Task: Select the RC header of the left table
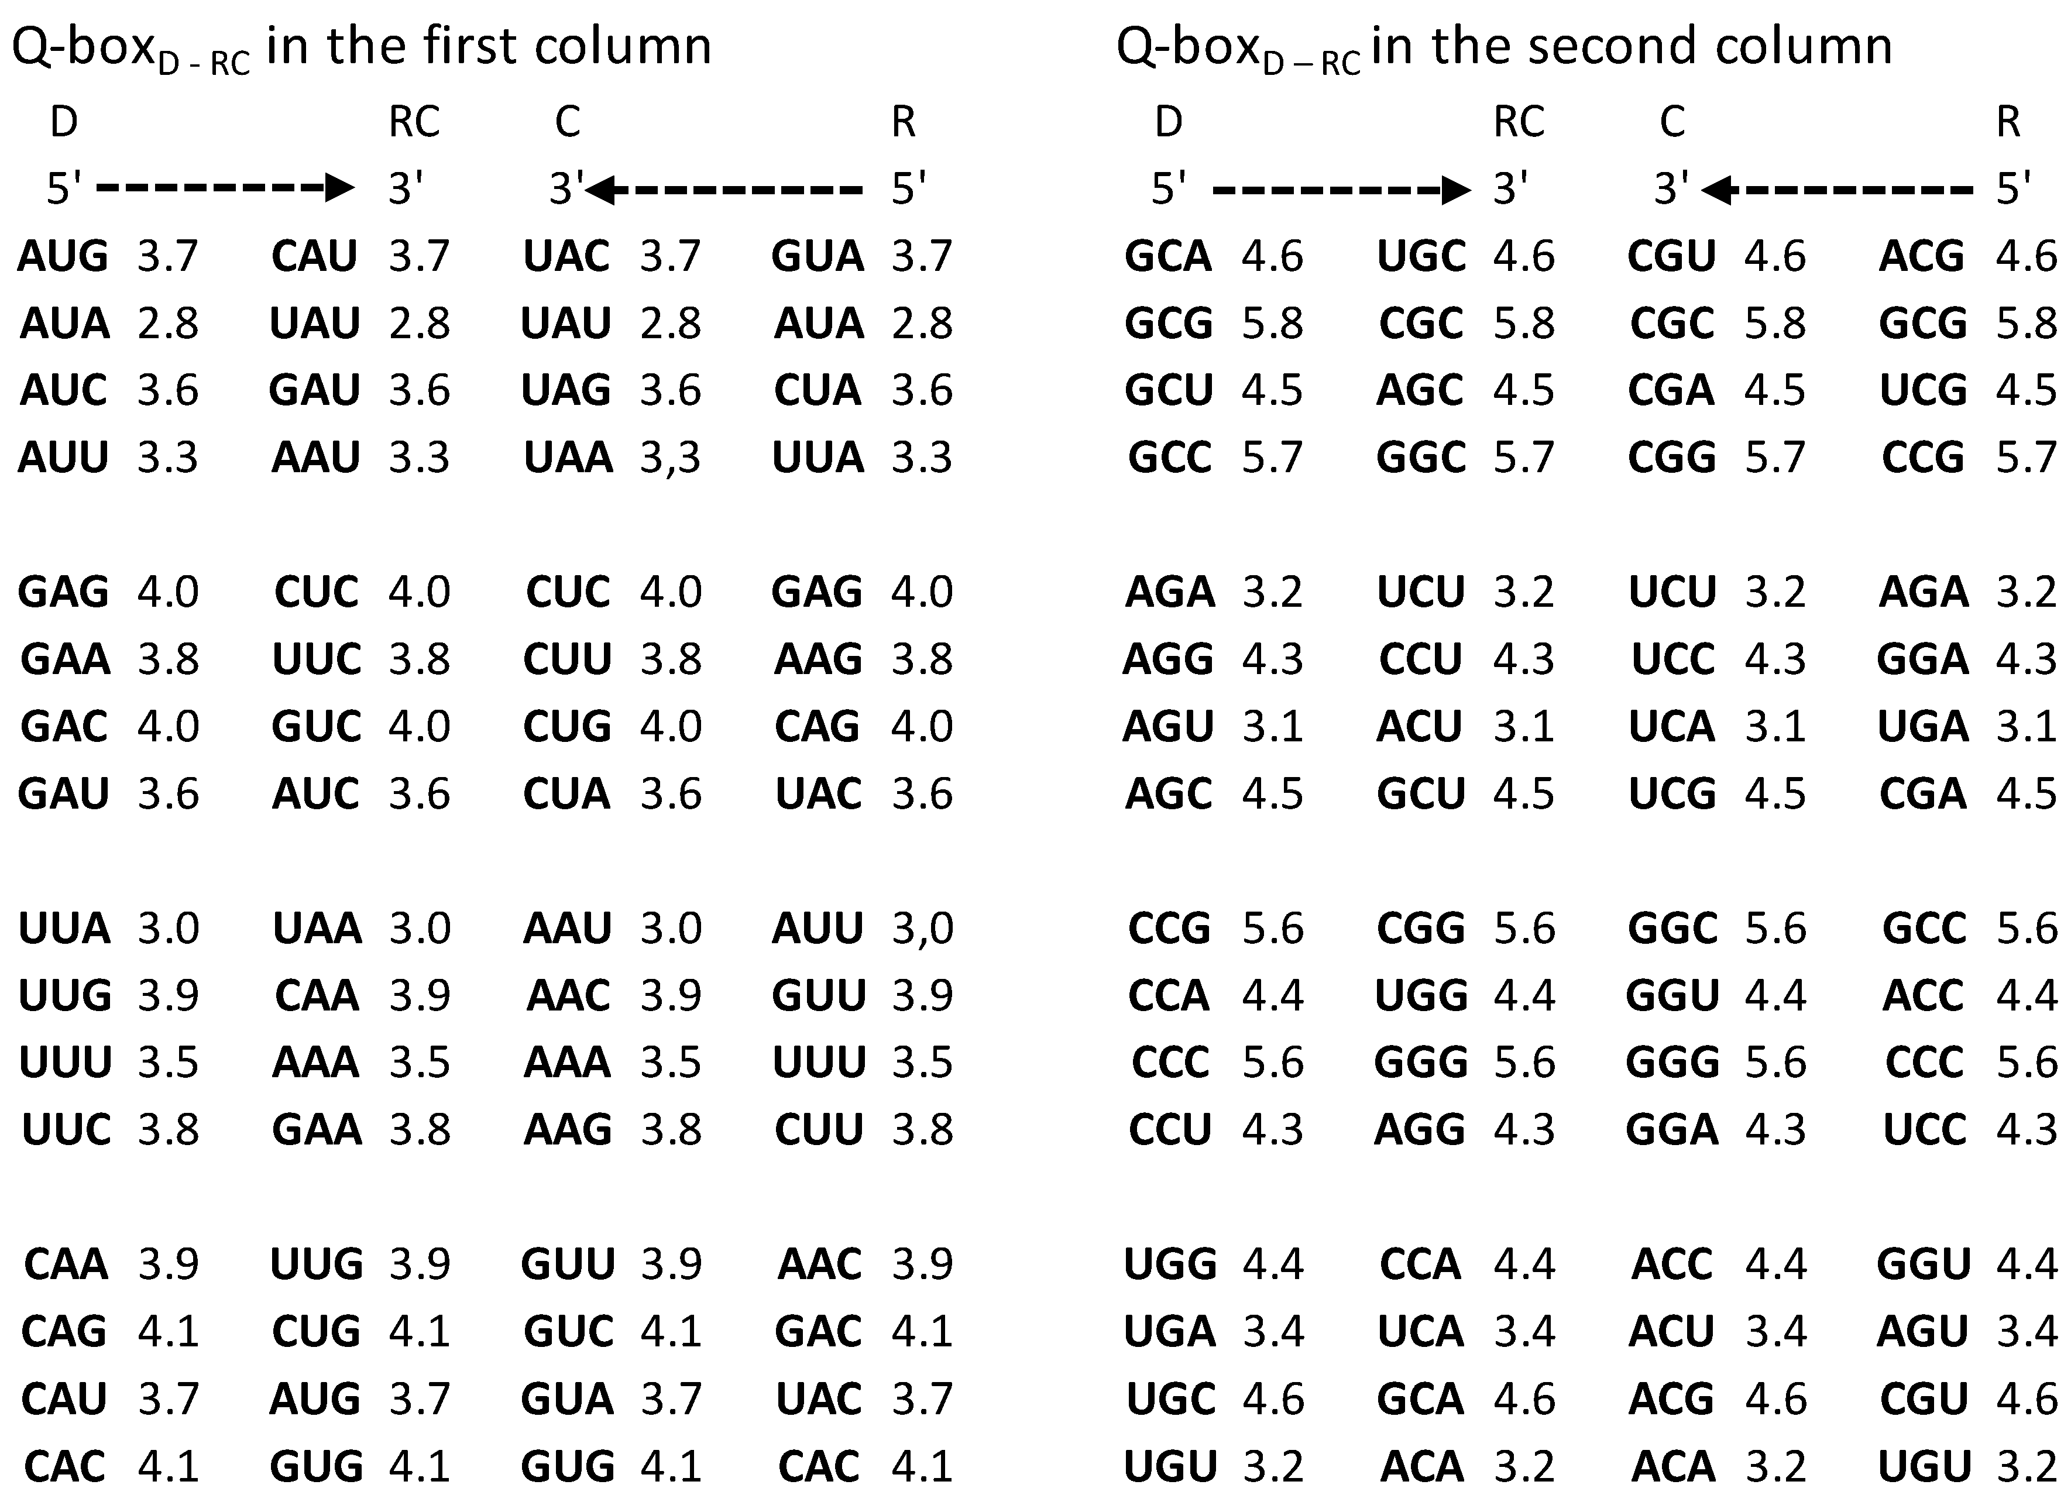pos(414,122)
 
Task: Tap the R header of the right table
pos(2008,122)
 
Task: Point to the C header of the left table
pos(567,122)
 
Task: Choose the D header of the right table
pos(1168,122)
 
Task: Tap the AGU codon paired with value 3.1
pos(1168,727)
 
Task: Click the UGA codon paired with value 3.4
pos(1170,1331)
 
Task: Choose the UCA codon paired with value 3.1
pos(1672,727)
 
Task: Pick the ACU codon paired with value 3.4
pos(1672,1331)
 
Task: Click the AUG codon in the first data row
pos(63,256)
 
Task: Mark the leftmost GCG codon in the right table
pos(1168,323)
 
